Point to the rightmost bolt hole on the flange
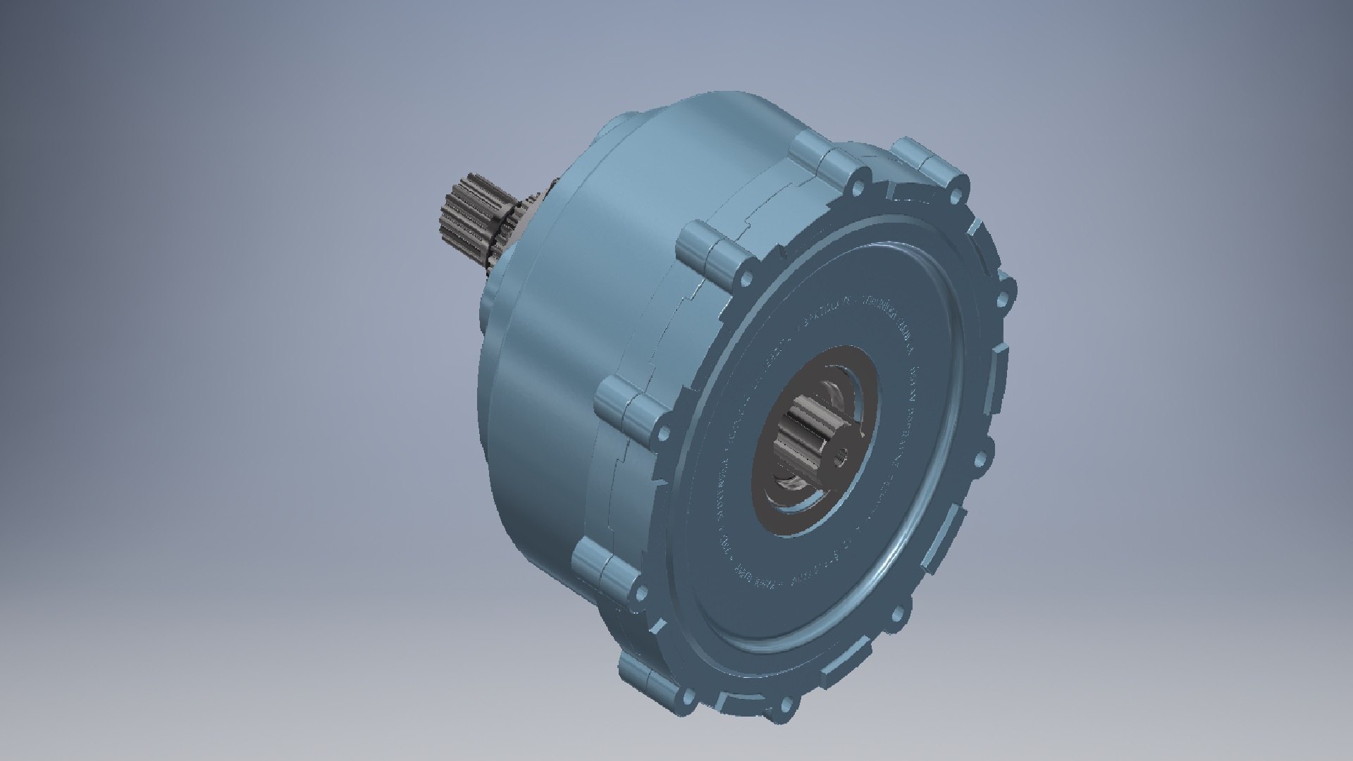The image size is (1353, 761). pos(1005,288)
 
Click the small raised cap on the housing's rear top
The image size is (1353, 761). pos(620,123)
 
